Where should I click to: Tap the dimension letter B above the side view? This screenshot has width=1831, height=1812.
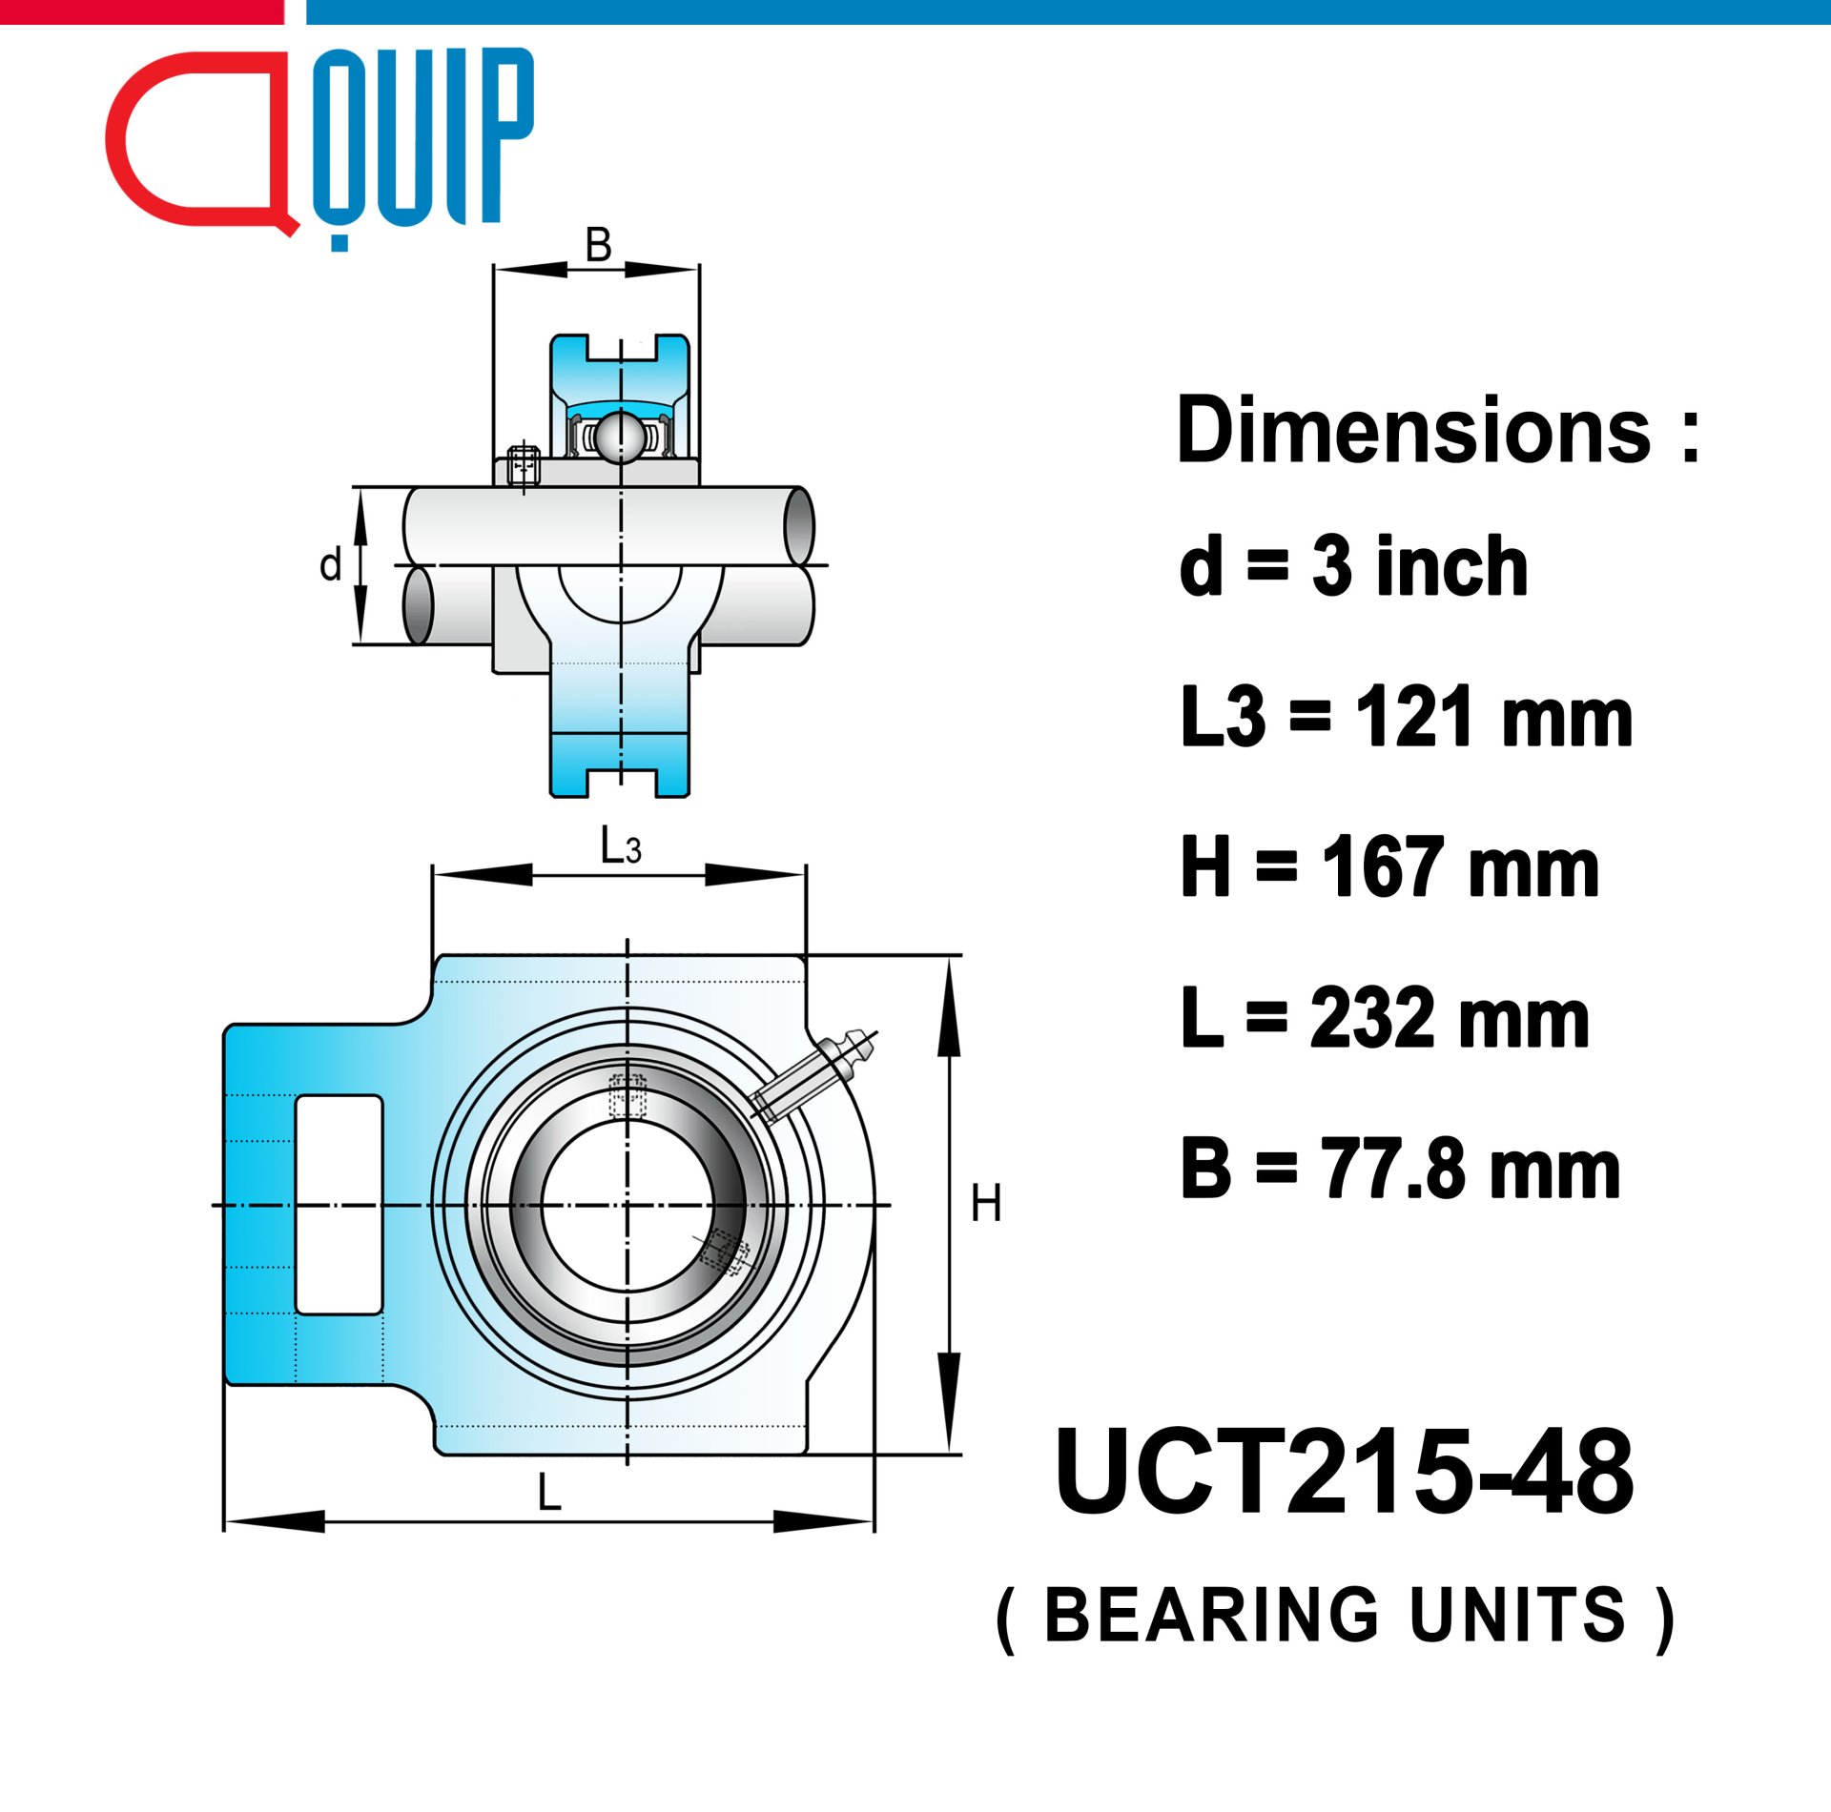point(598,245)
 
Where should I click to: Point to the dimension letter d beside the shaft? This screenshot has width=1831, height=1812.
point(330,564)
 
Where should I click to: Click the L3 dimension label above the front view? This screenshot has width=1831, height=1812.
point(620,845)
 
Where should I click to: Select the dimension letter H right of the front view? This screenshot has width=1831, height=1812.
point(985,1203)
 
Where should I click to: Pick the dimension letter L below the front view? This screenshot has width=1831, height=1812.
point(549,1492)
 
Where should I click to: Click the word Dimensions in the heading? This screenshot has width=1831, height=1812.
point(1413,430)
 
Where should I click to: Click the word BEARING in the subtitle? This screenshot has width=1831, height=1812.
point(1211,1615)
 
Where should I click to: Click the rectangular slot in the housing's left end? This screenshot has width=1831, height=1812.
point(339,1204)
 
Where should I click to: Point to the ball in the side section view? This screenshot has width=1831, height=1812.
point(620,437)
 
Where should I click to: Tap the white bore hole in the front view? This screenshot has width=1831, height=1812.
point(627,1205)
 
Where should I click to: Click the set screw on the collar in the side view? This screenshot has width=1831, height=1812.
point(524,466)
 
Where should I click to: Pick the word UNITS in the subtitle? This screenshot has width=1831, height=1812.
point(1518,1615)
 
